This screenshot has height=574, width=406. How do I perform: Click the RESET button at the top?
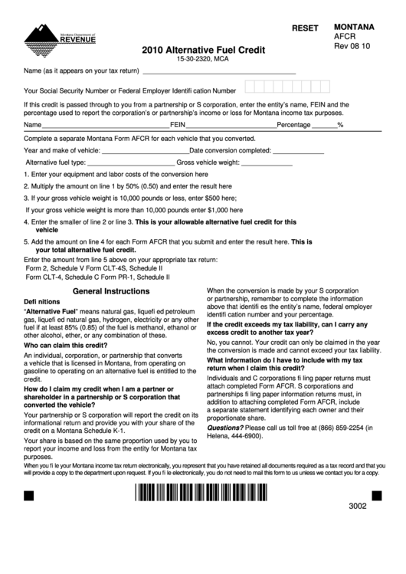click(304, 28)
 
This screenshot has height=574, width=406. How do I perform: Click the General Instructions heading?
click(110, 292)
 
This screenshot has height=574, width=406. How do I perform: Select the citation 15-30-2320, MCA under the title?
click(203, 59)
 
